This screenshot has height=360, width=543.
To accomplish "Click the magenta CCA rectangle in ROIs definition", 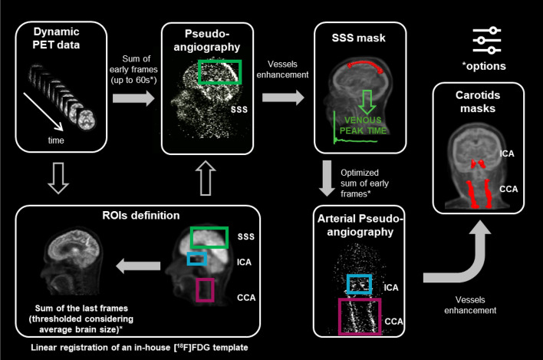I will [204, 289].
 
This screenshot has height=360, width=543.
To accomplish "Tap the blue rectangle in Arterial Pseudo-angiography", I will [358, 284].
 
